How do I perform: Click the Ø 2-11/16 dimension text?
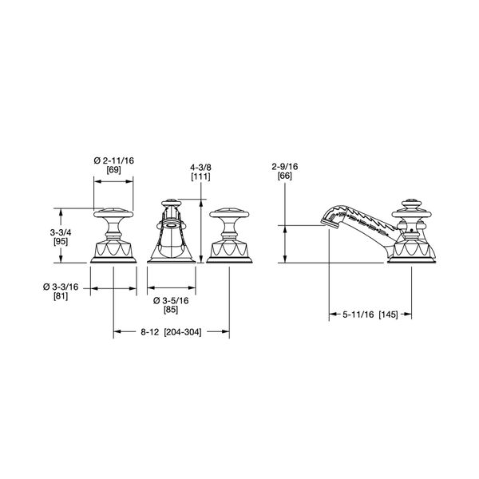[113, 160]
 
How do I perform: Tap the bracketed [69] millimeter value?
[113, 170]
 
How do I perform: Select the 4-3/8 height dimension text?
[200, 168]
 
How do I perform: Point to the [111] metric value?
[200, 176]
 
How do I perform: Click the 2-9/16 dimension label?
[285, 167]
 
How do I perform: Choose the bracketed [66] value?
[285, 176]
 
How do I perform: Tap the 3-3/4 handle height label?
[61, 233]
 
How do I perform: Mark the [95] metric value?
[61, 242]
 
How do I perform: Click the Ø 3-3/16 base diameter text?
[61, 287]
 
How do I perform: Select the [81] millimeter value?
[61, 296]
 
